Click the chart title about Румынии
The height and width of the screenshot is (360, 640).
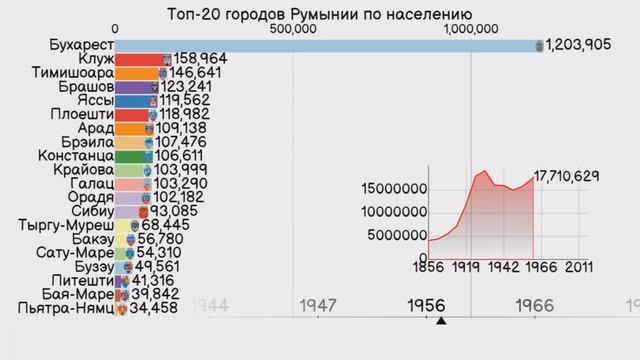pyautogui.click(x=319, y=13)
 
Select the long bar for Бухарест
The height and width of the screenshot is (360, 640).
pyautogui.click(x=325, y=45)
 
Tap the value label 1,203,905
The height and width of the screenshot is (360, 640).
pyautogui.click(x=591, y=45)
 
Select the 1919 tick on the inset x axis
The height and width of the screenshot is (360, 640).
pyautogui.click(x=462, y=268)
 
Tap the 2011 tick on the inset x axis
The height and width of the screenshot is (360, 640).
pyautogui.click(x=578, y=268)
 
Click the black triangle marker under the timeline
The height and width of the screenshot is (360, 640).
pyautogui.click(x=440, y=321)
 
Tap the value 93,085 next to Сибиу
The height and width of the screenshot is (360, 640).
pyautogui.click(x=177, y=212)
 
